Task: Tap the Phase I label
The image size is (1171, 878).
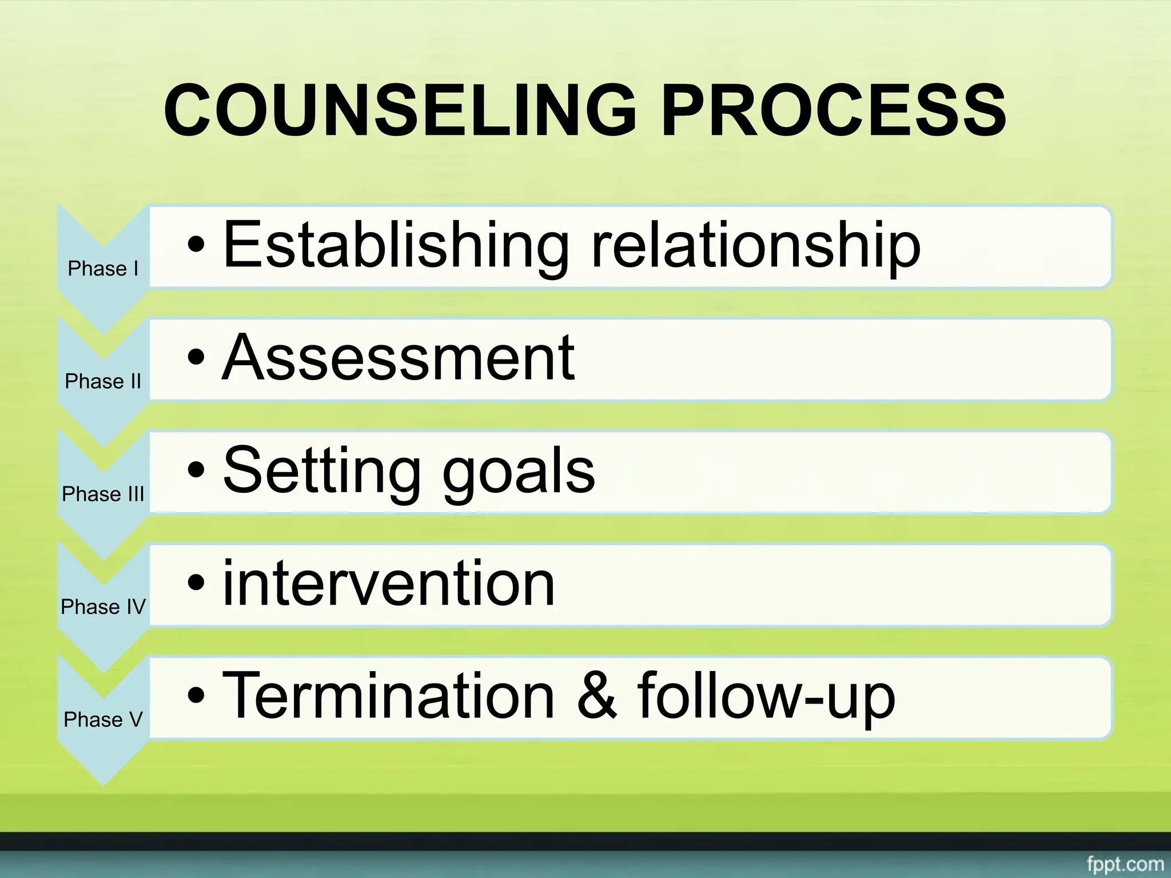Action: pos(103,269)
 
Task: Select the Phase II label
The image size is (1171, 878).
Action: pos(103,381)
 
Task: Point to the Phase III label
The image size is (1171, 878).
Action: pos(103,494)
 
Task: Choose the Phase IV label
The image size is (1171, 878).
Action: pos(103,606)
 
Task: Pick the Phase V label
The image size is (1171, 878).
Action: pos(103,719)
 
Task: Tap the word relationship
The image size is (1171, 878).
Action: pos(755,246)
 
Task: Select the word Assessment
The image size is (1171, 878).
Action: pos(398,358)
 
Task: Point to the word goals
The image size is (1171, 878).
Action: pos(519,471)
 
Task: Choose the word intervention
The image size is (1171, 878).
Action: pos(388,584)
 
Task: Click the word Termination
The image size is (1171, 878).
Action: pos(388,696)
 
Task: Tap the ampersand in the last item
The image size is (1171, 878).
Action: pos(597,696)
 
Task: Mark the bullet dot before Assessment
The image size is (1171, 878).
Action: pos(196,358)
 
